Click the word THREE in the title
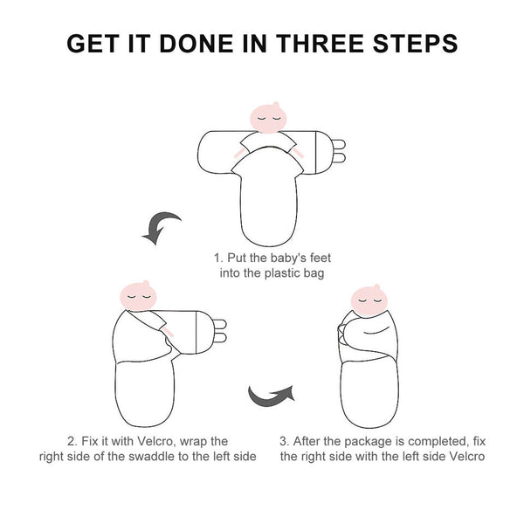(x=320, y=44)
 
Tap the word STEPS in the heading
(x=415, y=44)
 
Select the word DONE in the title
(x=196, y=44)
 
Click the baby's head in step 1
(x=268, y=118)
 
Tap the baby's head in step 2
(x=138, y=296)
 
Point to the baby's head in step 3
(x=369, y=300)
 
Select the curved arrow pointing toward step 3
(x=272, y=396)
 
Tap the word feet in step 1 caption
(x=321, y=258)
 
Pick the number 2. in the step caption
(x=72, y=441)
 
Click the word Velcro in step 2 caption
(x=156, y=441)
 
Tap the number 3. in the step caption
(x=285, y=441)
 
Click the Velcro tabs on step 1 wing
(x=339, y=151)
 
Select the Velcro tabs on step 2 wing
(x=220, y=331)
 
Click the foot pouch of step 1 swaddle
(x=269, y=209)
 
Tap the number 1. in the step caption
(x=218, y=258)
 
